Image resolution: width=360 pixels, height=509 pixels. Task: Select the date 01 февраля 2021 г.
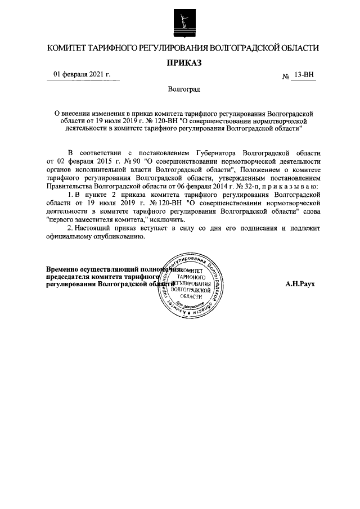pyautogui.click(x=82, y=74)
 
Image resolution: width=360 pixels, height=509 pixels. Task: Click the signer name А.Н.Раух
pyautogui.click(x=300, y=285)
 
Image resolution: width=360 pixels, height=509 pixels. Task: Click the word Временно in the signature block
pyautogui.click(x=62, y=269)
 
